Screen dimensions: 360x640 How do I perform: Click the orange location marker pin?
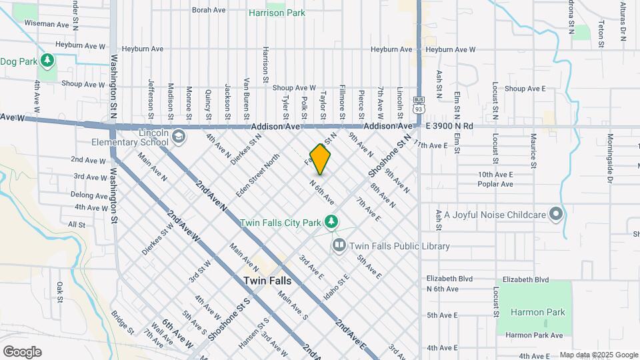point(321,159)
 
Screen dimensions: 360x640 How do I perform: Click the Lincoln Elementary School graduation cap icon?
point(179,137)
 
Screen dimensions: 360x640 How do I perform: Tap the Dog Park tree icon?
point(47,61)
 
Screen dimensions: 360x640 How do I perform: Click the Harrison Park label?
point(277,13)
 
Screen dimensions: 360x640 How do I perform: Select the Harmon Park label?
point(537,312)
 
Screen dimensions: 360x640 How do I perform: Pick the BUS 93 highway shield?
point(419,106)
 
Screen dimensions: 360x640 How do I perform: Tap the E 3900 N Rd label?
point(448,126)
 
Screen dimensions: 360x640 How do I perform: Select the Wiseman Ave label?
point(47,25)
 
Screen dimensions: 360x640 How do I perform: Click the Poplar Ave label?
point(495,184)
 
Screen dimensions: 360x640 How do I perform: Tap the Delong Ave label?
point(89,195)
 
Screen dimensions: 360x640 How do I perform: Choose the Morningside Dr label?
point(609,158)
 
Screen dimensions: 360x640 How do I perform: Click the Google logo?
point(22,352)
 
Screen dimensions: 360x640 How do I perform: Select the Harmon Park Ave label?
point(534,335)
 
